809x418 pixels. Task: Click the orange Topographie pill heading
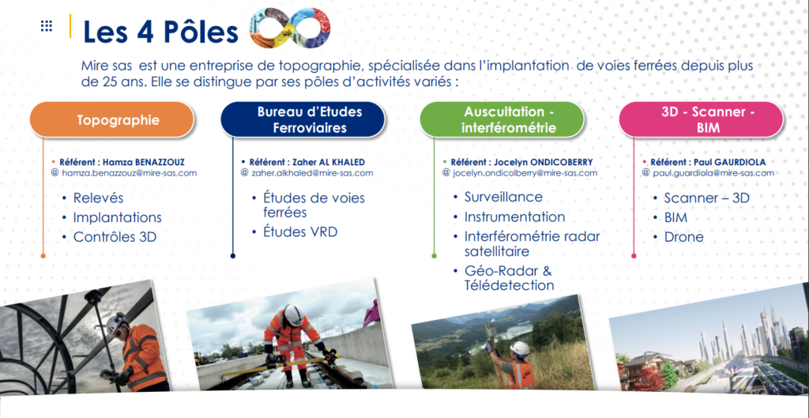[x=112, y=120]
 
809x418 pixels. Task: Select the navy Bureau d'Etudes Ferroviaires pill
[x=303, y=120]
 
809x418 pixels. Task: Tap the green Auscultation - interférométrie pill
[x=502, y=120]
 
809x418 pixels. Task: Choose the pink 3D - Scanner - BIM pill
[x=701, y=120]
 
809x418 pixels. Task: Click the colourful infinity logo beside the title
[x=289, y=28]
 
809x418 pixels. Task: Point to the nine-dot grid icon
[x=47, y=26]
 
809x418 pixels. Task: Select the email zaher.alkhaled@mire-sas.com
[x=312, y=173]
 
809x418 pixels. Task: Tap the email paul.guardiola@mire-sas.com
[x=713, y=173]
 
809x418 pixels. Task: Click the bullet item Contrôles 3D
[x=115, y=237]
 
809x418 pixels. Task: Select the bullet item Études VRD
[x=300, y=232]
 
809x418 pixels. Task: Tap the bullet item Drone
[x=683, y=237]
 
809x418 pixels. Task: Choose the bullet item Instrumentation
[x=514, y=217]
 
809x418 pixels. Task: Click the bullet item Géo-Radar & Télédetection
[x=510, y=277]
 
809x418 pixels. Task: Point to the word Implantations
[x=117, y=217]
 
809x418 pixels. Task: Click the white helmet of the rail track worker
[x=293, y=314]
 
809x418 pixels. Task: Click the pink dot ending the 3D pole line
[x=634, y=255]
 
